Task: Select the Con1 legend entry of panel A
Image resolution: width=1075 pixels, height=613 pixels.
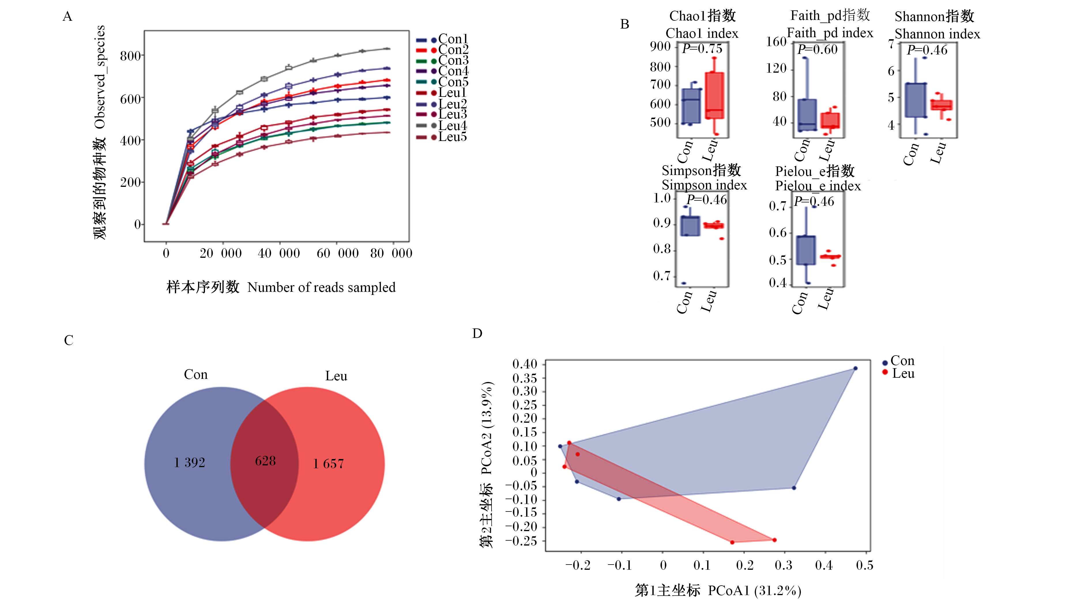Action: click(x=442, y=39)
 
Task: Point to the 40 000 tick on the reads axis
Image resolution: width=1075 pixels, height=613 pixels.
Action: click(x=279, y=253)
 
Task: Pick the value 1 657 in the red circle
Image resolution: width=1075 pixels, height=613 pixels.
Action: click(x=328, y=464)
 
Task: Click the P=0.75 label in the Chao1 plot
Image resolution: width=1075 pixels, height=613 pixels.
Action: click(x=702, y=49)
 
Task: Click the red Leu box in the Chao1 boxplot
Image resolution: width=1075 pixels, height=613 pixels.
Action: click(x=715, y=95)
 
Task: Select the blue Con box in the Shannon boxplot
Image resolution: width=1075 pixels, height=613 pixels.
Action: click(x=916, y=100)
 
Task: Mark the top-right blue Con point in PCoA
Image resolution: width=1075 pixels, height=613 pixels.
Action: click(x=855, y=368)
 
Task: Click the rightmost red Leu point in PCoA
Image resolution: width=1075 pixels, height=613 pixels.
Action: click(x=775, y=540)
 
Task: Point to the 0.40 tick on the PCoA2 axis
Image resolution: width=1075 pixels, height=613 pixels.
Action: click(x=525, y=364)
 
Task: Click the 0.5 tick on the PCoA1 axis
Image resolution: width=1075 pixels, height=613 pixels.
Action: click(x=865, y=565)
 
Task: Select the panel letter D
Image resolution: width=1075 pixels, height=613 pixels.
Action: click(x=477, y=333)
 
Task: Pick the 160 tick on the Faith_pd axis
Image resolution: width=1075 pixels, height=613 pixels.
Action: click(x=776, y=42)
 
